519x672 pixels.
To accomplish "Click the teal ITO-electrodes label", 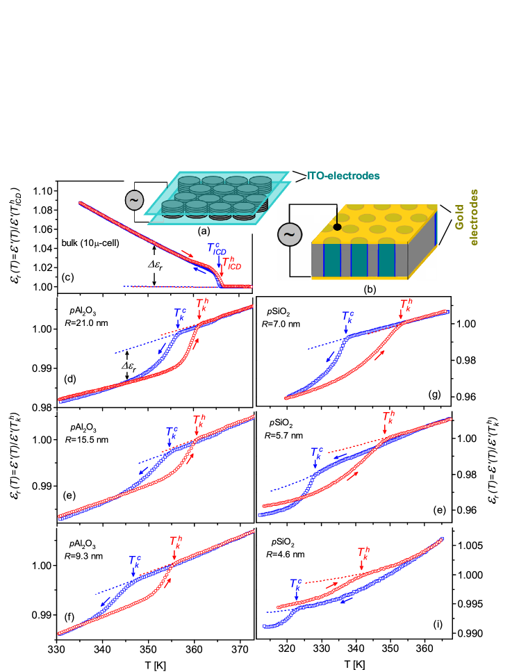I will click(343, 176).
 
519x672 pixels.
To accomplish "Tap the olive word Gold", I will click(459, 218).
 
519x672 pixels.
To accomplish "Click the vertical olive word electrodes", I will click(475, 217).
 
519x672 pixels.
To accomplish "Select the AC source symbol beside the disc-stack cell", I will click(134, 200).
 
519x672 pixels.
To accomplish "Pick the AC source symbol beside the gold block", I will click(290, 234).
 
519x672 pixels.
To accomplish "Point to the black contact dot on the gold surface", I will click(338, 227).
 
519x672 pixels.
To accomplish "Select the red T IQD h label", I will click(231, 263).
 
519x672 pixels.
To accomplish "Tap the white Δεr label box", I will click(154, 264).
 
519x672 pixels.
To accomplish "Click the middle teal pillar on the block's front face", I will click(359, 260).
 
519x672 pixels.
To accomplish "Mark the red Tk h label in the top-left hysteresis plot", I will click(201, 304).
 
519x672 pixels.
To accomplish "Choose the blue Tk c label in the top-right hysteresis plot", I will click(348, 317).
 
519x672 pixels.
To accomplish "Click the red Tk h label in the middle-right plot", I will click(388, 418).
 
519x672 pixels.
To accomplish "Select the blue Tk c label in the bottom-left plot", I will click(135, 561).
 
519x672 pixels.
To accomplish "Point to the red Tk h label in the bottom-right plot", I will click(363, 552).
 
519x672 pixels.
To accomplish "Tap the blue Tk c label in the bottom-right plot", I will click(296, 584).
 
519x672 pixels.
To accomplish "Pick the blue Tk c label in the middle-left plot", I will click(172, 433).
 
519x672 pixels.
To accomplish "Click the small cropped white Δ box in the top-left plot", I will click(126, 366).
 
